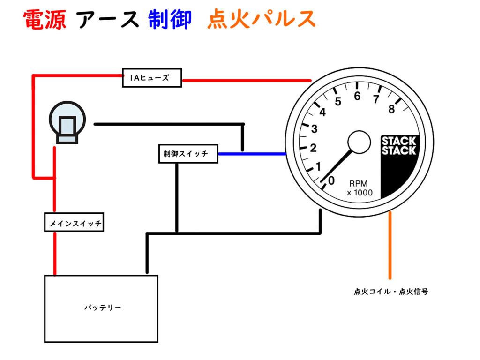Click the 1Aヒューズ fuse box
(152, 78)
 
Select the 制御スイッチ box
(188, 154)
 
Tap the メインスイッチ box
(74, 223)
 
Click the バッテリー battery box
(101, 308)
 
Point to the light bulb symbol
(67, 123)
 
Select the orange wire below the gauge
(390, 246)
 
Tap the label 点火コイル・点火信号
(390, 291)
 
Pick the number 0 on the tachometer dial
(331, 180)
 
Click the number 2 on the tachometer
(314, 149)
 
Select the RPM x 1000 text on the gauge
(360, 187)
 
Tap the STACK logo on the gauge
(399, 146)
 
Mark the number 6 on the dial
(357, 97)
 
